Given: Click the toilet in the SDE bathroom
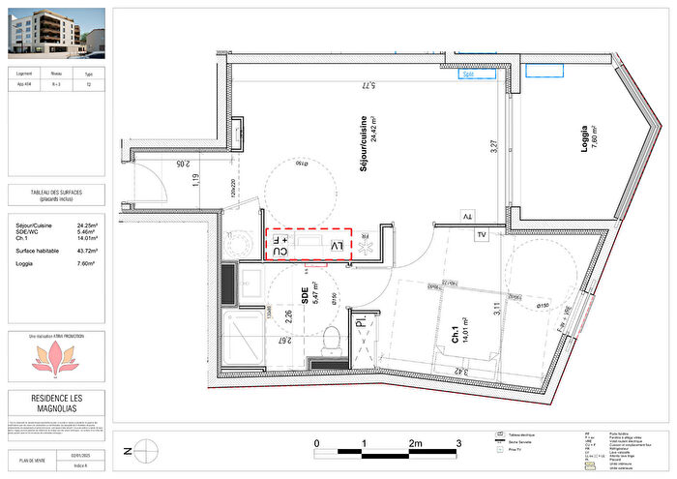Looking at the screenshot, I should point(332,338).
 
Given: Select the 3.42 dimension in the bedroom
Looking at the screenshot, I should point(461,371).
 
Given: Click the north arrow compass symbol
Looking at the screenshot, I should point(145,447).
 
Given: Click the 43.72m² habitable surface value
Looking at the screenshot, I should point(90,251).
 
